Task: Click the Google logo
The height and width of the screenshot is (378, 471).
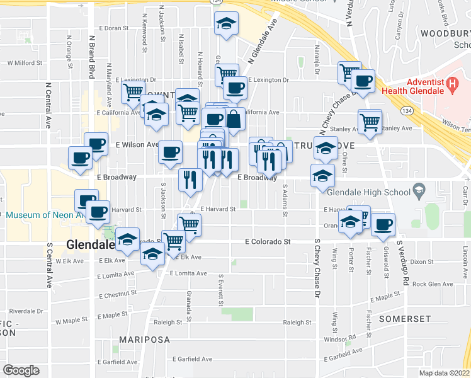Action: click(x=21, y=370)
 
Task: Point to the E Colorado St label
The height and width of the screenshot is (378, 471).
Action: click(x=268, y=241)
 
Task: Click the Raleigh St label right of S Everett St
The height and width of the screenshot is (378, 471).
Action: click(x=297, y=322)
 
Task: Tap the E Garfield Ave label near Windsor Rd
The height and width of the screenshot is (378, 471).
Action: click(x=344, y=357)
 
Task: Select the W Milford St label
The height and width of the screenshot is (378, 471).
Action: click(x=25, y=63)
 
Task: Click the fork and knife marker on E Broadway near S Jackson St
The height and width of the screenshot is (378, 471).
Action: click(x=189, y=180)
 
